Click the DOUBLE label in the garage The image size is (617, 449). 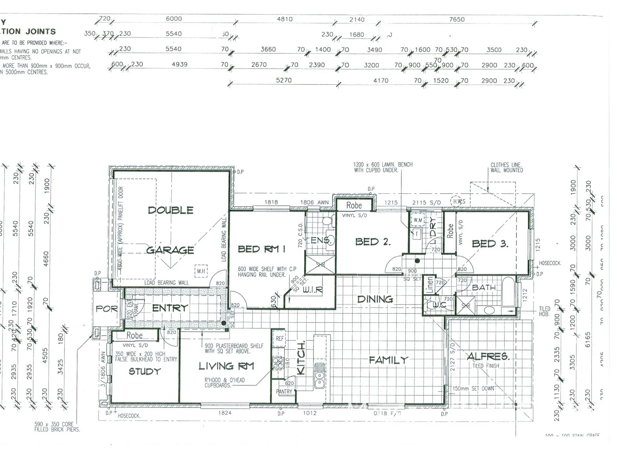pos(170,210)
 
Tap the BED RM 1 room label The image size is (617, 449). pos(261,249)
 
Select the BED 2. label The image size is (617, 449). pos(373,242)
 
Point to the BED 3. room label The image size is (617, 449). pos(490,244)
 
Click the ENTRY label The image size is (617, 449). pos(170,308)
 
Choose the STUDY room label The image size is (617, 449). pos(144,371)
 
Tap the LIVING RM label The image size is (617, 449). pos(226,366)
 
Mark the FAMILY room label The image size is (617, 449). pos(388,360)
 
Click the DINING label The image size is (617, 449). pos(375,299)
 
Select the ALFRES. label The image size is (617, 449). pos(488,357)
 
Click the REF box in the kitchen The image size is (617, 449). pos(280,339)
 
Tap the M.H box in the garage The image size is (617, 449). pos(201,271)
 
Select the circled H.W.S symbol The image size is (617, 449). pos(458,201)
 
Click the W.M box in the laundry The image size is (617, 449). pos(418,220)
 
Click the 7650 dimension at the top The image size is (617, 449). pos(457,20)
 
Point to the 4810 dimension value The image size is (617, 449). pos(285,19)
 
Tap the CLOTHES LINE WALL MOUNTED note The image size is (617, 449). pos(506,168)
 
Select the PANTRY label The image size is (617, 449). pos(284,392)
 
